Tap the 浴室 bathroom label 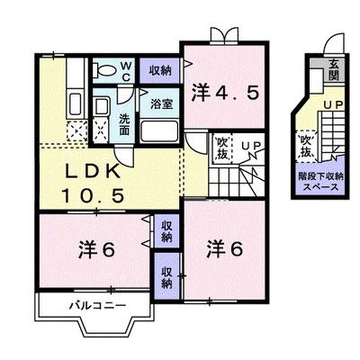[x=162, y=102]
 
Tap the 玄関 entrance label [x=334, y=66]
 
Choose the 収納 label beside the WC [x=160, y=70]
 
